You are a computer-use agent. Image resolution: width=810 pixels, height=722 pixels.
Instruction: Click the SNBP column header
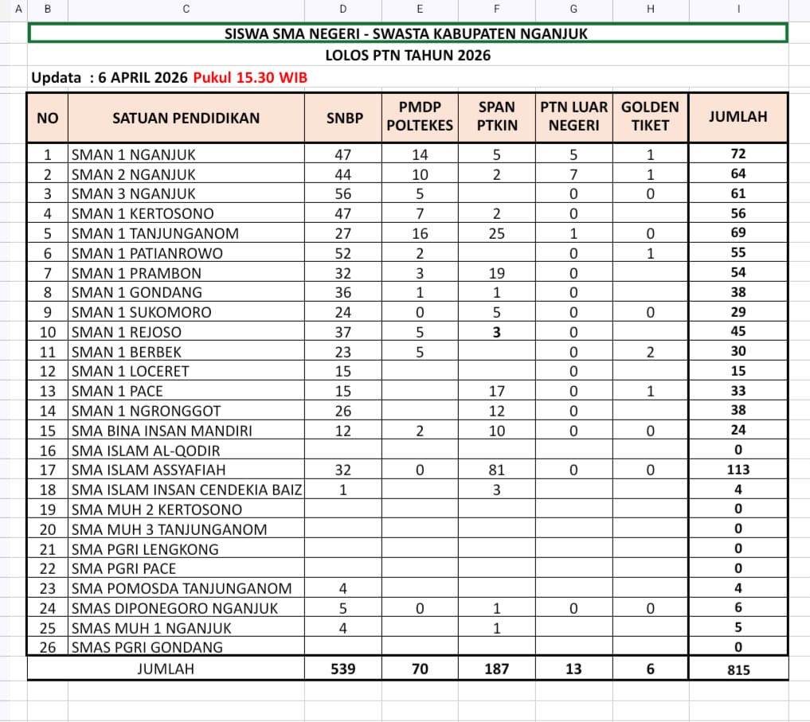point(343,117)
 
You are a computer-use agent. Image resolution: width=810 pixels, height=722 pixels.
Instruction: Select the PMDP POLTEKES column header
point(420,116)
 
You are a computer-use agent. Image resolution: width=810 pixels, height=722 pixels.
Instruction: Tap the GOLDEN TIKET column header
point(650,116)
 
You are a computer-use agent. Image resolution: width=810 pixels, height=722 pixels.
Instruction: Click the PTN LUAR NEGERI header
point(573,116)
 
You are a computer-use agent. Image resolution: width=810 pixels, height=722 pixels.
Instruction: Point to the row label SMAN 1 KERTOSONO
point(143,213)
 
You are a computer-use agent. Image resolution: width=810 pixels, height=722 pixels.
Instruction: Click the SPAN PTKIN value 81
point(496,470)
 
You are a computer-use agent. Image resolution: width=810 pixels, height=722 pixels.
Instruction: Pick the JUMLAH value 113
point(738,470)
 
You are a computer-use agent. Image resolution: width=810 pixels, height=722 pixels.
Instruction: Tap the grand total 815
point(738,669)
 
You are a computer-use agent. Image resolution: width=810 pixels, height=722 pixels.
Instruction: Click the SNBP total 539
point(343,669)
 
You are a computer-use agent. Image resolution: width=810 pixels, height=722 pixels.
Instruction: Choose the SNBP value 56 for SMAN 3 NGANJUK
point(343,193)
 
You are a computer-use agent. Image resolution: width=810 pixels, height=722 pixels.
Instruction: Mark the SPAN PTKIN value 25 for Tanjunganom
point(496,233)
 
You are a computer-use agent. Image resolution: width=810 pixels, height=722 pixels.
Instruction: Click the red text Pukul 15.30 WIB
point(250,77)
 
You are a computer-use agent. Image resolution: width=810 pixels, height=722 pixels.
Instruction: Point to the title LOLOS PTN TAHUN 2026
point(408,56)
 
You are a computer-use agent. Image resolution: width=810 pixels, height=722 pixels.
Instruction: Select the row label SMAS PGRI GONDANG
point(147,647)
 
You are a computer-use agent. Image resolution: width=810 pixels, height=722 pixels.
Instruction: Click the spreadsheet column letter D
point(343,9)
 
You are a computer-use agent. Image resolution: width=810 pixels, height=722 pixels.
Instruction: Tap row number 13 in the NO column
point(48,391)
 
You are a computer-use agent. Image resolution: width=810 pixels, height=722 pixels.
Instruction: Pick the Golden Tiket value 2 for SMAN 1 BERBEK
point(650,352)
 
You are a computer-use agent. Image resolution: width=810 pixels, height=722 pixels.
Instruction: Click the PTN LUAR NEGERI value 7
point(573,174)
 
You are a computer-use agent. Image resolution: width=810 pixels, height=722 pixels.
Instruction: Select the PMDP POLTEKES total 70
point(420,669)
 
